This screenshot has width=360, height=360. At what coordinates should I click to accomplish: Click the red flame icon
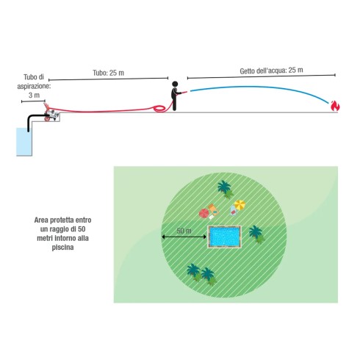[335, 106]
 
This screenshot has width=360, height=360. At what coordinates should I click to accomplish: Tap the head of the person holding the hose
[175, 84]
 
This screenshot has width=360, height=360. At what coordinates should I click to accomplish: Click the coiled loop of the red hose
[159, 109]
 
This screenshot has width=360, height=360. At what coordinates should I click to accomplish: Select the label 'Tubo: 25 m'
[108, 73]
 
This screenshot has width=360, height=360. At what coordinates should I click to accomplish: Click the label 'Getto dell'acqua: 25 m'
[271, 71]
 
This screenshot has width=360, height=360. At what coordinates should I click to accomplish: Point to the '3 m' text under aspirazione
[34, 95]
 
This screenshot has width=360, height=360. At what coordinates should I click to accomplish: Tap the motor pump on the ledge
[51, 114]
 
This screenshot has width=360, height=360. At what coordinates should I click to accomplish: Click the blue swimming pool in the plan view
[224, 237]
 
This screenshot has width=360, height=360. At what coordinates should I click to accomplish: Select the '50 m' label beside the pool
[184, 231]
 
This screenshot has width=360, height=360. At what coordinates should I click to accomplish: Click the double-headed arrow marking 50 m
[184, 237]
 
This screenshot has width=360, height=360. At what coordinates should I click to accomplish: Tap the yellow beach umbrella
[240, 205]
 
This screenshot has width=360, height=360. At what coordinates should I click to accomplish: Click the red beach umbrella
[204, 213]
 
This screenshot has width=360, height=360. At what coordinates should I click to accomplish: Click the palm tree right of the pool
[256, 234]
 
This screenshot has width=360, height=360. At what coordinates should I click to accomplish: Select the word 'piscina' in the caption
[62, 248]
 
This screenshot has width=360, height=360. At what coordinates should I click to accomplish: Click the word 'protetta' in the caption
[62, 220]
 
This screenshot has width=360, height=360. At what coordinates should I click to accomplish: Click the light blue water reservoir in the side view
[24, 142]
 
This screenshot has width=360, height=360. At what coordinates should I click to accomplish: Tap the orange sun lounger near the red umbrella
[214, 210]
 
